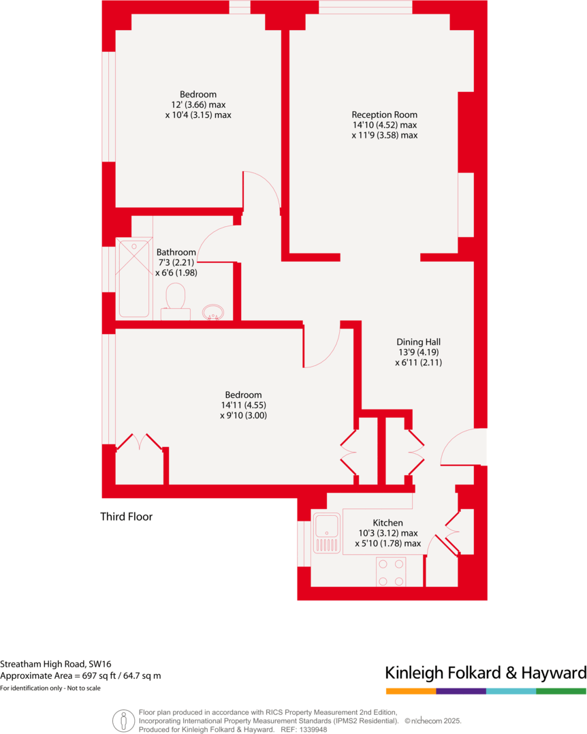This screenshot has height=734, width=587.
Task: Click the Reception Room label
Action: (384, 114)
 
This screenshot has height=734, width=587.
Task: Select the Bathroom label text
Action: (176, 252)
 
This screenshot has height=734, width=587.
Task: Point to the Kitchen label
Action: (387, 523)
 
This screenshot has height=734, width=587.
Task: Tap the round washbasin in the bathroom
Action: (213, 312)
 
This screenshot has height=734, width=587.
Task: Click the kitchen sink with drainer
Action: (327, 533)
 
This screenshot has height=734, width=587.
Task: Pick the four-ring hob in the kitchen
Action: (391, 572)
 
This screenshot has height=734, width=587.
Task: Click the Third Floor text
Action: (126, 517)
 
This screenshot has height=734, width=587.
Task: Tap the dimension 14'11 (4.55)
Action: (243, 405)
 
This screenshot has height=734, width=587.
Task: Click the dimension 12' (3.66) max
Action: (198, 105)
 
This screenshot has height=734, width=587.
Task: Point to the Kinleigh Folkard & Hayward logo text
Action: (486, 673)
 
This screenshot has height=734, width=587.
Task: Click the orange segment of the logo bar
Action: (411, 691)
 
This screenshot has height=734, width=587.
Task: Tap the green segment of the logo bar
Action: (561, 691)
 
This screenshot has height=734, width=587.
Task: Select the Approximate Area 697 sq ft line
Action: (80, 675)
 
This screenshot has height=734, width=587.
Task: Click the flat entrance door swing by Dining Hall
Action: (462, 448)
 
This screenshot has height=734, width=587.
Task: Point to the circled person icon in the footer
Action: (123, 720)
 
